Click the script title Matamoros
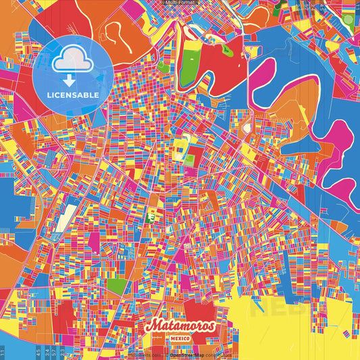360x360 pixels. click(x=180, y=326)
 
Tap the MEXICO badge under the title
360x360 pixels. click(x=180, y=337)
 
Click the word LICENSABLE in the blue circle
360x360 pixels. click(x=73, y=95)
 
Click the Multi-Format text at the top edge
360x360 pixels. click(x=180, y=3)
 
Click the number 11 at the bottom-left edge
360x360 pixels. click(x=3, y=353)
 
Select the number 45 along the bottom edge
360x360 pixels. click(x=39, y=353)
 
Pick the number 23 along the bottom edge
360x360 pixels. click(x=62, y=353)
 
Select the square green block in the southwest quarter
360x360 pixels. click(x=116, y=286)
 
